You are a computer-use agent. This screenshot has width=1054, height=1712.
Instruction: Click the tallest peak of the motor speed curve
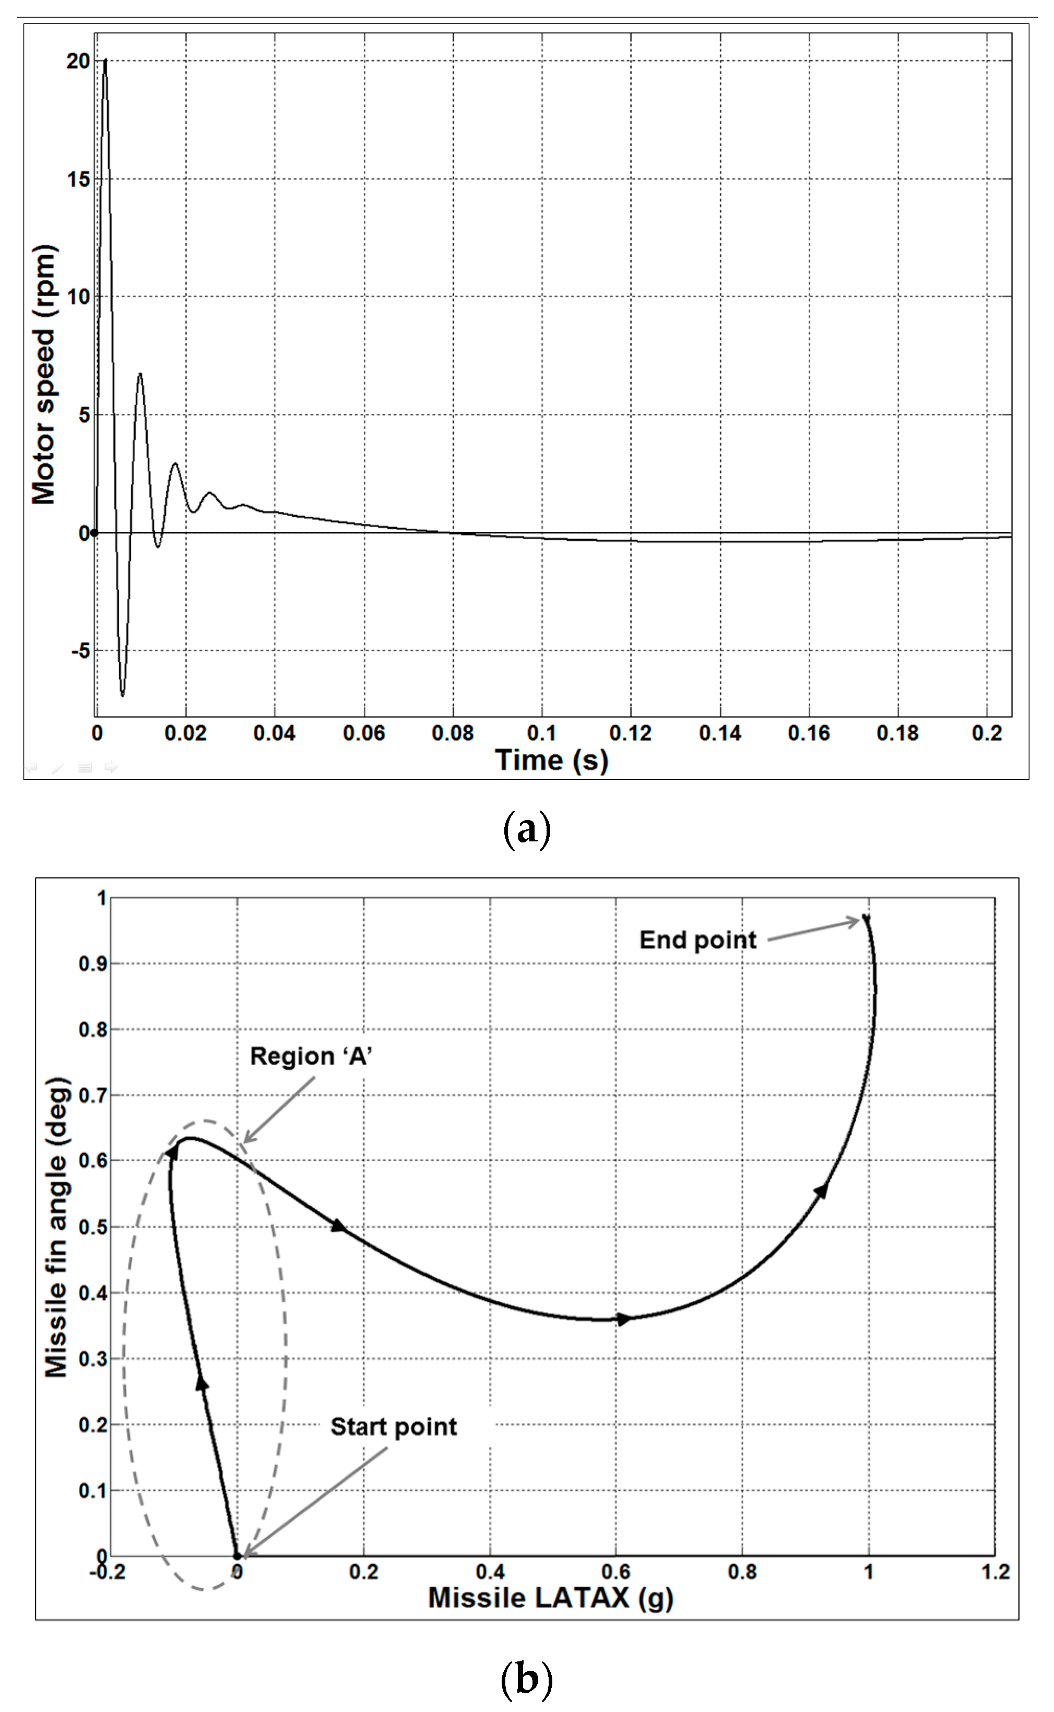(x=105, y=61)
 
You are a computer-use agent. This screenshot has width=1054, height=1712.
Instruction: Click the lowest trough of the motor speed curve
(x=123, y=695)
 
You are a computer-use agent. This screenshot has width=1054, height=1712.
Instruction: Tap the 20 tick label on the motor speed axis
(x=79, y=61)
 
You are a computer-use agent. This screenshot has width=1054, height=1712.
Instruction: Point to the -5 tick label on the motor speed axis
(x=80, y=651)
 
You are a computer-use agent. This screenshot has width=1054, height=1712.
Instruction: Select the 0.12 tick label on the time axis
(x=630, y=733)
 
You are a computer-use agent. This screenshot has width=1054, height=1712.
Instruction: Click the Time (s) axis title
(x=551, y=760)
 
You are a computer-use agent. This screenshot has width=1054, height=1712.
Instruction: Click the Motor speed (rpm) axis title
(x=44, y=374)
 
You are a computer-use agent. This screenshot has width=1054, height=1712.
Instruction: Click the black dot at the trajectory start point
(x=237, y=1556)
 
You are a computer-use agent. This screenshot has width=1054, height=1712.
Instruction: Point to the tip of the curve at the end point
(x=865, y=916)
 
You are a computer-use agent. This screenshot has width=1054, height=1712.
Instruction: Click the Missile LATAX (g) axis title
(x=550, y=1598)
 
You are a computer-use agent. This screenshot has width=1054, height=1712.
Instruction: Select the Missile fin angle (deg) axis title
(x=57, y=1227)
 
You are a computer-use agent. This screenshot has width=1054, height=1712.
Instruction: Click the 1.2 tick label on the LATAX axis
(x=994, y=1572)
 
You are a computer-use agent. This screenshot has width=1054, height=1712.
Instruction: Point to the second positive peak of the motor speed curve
(x=140, y=374)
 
